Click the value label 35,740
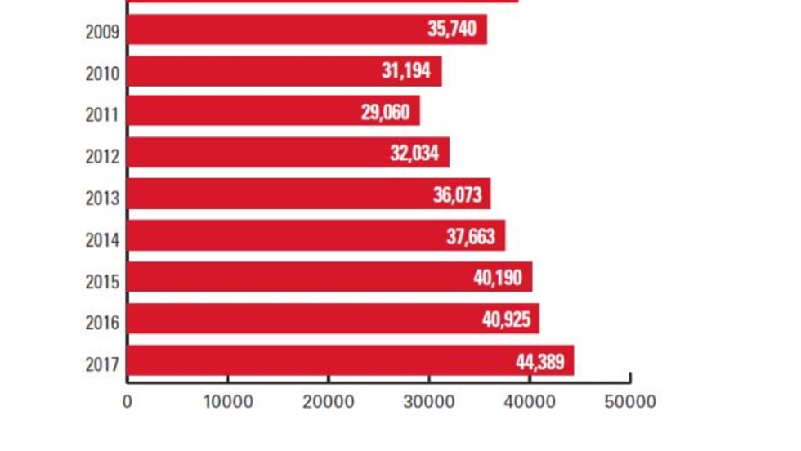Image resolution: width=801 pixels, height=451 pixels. (451, 30)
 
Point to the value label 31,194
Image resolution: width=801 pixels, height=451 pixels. (405, 71)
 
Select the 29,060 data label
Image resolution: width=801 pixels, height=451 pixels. (385, 112)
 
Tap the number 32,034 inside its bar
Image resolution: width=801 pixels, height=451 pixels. (414, 154)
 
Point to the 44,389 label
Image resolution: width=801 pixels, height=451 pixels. (539, 361)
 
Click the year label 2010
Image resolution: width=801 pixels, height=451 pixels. (102, 74)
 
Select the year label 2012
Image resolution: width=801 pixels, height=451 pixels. (102, 156)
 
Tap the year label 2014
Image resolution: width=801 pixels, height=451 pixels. (102, 239)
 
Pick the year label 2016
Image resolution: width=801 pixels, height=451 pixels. (102, 322)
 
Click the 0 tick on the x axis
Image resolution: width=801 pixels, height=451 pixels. (127, 402)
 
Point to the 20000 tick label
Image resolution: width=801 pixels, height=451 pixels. (328, 402)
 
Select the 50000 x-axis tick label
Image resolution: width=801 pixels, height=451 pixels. (630, 402)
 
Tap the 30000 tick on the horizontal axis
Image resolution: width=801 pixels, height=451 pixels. (429, 402)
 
